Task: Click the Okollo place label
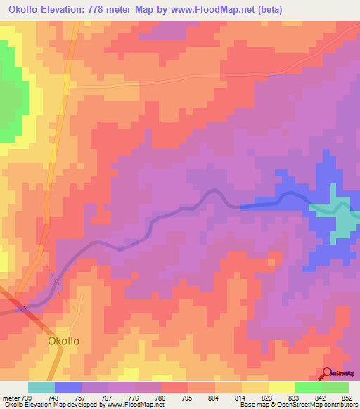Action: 63,341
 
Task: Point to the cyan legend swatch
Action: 41,387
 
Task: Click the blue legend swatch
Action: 67,387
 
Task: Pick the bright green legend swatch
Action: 308,387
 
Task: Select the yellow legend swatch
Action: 281,387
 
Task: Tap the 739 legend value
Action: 25,398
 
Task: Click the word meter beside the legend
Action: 9,398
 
